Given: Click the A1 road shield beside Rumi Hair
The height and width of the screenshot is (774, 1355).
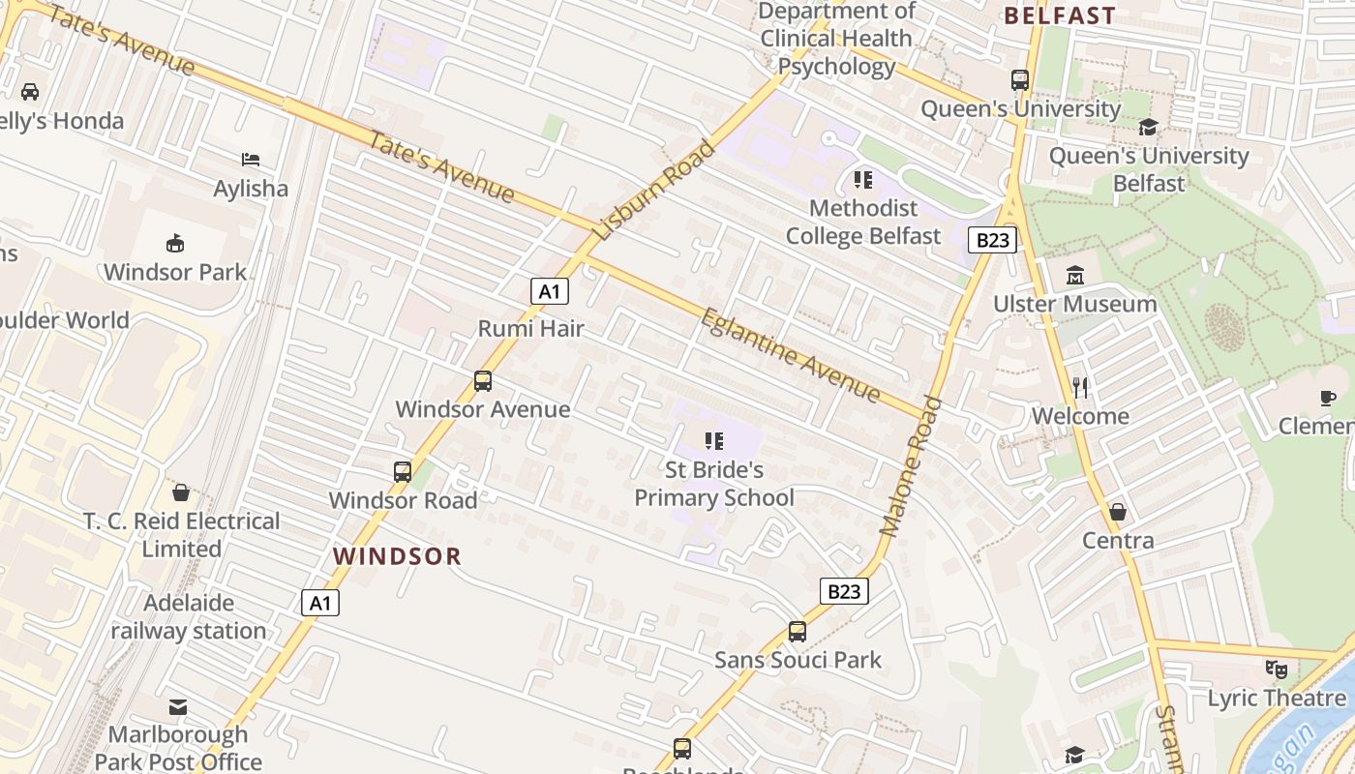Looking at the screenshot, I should pyautogui.click(x=549, y=291).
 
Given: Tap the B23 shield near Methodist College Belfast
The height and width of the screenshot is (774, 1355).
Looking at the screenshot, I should pyautogui.click(x=992, y=240).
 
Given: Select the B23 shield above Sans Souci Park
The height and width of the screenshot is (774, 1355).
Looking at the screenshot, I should pyautogui.click(x=844, y=591).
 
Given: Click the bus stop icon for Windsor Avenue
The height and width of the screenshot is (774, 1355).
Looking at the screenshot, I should pyautogui.click(x=483, y=381).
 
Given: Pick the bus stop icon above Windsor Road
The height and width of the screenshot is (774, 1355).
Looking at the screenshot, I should pyautogui.click(x=403, y=472).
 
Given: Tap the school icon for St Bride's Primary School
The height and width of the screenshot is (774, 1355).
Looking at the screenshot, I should pyautogui.click(x=714, y=442).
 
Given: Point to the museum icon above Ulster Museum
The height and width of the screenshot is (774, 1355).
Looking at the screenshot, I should pyautogui.click(x=1075, y=276).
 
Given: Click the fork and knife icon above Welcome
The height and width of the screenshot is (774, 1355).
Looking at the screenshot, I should pyautogui.click(x=1081, y=388).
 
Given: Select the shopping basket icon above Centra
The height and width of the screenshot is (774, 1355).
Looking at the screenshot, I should pyautogui.click(x=1118, y=512).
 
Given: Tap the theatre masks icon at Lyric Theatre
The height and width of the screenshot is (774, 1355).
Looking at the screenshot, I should pyautogui.click(x=1277, y=670).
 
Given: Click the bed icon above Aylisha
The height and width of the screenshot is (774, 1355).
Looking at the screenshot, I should pyautogui.click(x=251, y=160).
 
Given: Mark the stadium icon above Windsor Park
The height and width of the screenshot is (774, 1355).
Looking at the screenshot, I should pyautogui.click(x=175, y=243).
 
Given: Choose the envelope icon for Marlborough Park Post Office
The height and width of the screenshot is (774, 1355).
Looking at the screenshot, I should pyautogui.click(x=178, y=707).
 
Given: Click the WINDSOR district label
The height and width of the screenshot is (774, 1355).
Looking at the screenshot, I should pyautogui.click(x=398, y=556).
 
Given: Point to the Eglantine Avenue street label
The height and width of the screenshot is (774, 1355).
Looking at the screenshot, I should pyautogui.click(x=790, y=355).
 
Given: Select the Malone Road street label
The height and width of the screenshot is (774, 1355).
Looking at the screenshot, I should pyautogui.click(x=911, y=465).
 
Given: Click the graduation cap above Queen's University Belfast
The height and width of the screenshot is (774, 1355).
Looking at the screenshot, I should pyautogui.click(x=1148, y=127).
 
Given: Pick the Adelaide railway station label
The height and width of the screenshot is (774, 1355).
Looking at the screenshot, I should pyautogui.click(x=189, y=617).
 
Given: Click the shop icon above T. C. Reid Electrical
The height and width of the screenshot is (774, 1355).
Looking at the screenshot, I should pyautogui.click(x=181, y=492).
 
